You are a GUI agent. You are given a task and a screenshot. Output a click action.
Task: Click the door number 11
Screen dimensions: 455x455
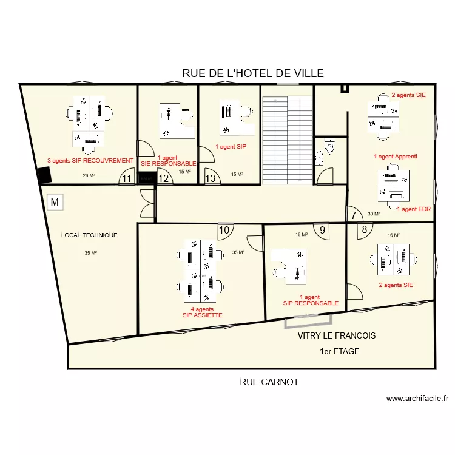[127, 178]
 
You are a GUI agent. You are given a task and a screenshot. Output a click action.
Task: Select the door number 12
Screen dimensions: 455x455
[163, 178]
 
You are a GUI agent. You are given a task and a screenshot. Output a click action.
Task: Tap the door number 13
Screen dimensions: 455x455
[210, 178]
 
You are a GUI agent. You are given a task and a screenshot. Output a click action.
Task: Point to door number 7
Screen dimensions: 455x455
[354, 215]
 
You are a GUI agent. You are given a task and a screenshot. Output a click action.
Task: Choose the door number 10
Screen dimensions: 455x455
[224, 230]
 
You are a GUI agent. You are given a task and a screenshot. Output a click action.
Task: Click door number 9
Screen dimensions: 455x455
[322, 230]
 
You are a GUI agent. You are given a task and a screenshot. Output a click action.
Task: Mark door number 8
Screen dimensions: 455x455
[365, 229]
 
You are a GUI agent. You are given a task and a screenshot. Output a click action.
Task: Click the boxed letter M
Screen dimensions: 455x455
[55, 202]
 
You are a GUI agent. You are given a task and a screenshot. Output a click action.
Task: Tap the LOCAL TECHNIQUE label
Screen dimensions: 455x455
[89, 235]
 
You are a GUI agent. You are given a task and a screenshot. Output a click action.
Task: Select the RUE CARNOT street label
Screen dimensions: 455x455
[269, 382]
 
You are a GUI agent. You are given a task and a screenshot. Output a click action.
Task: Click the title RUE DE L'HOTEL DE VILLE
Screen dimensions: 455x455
[253, 73]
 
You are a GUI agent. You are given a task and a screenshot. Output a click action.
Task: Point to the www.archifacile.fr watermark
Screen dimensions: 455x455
[417, 399]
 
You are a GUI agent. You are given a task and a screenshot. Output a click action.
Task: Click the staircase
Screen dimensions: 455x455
[288, 141]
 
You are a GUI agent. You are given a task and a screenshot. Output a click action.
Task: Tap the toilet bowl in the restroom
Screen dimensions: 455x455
[329, 147]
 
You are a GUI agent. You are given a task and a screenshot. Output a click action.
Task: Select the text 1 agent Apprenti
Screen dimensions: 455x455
[395, 157]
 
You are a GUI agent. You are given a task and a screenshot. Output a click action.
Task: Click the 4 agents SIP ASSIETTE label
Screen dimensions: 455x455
[202, 312]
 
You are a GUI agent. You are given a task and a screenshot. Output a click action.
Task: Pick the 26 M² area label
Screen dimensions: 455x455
[89, 175]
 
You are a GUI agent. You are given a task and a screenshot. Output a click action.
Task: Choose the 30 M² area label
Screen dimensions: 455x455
[374, 214]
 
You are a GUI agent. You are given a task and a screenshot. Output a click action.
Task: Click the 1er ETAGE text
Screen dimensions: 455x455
[340, 351]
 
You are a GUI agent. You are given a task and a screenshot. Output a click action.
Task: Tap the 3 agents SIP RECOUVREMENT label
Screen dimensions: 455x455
[90, 161]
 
